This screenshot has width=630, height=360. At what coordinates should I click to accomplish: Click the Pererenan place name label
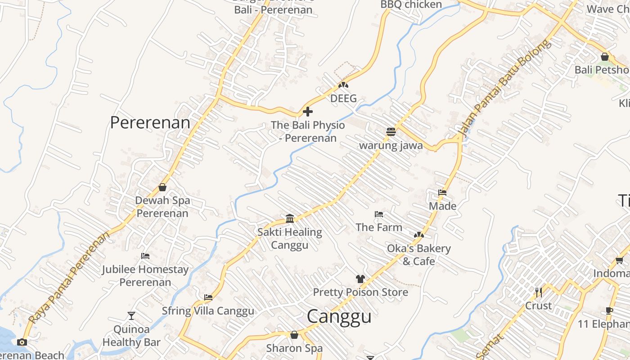point(150,122)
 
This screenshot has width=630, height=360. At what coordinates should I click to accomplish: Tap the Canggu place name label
point(339,316)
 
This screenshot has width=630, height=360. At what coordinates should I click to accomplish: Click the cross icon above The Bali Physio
point(308,112)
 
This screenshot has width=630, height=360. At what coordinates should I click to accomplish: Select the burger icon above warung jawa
point(391,132)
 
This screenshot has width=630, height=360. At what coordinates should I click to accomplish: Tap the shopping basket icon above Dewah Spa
point(162,187)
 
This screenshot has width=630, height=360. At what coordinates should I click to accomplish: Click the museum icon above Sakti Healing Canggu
point(290,219)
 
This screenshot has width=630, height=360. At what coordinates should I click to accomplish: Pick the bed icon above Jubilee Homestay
point(145,256)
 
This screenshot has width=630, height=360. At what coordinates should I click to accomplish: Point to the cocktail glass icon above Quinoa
point(131,315)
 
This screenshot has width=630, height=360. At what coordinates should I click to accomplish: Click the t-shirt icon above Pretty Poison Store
point(360,279)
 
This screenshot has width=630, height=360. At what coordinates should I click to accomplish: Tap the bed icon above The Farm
point(379,214)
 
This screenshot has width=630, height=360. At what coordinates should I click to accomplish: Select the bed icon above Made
point(442,193)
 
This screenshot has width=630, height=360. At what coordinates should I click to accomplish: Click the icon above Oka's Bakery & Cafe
point(418,235)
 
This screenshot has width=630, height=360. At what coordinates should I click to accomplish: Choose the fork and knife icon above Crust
point(538,292)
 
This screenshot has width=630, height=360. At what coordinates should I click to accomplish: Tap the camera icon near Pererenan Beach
point(22,342)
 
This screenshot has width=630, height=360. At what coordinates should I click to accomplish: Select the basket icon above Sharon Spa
point(294,335)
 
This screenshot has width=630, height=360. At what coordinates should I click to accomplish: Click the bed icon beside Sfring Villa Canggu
point(208,297)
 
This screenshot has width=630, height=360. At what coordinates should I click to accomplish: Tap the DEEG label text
point(343,99)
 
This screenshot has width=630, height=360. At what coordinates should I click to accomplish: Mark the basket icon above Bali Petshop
point(605,57)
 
